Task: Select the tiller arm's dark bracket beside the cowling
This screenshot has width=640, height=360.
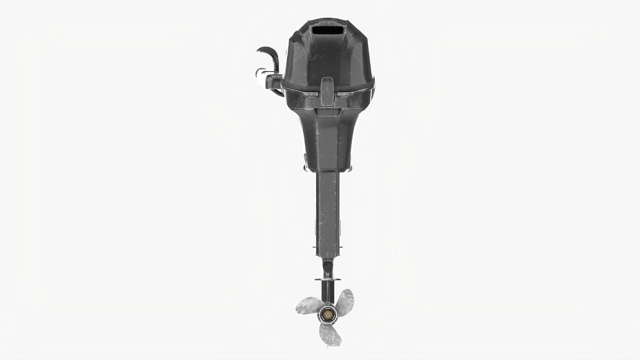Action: tap(274, 80)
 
